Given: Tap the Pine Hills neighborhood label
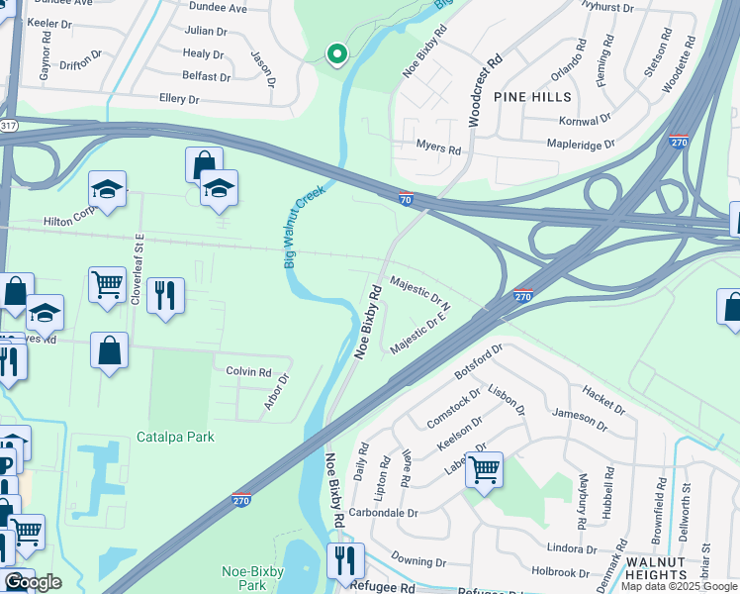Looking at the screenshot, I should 534,97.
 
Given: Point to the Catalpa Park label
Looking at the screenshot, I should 175,437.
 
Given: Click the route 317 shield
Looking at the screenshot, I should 9,125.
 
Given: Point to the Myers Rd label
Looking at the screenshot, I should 438,150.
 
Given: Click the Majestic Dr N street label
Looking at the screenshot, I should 420,289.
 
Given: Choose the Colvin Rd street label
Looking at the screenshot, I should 248,372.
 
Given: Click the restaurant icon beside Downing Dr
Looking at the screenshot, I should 345,559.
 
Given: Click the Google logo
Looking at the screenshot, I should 33,582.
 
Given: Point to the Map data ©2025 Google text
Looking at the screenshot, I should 679,586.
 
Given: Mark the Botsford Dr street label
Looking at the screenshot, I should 479,362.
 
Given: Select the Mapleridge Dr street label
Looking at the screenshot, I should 582,144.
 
